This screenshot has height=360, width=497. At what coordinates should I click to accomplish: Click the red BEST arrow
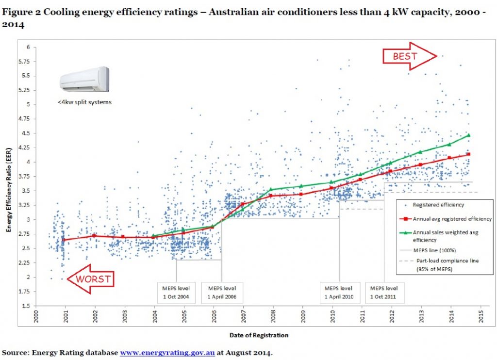[408, 56]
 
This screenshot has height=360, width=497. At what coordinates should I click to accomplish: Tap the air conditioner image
[84, 79]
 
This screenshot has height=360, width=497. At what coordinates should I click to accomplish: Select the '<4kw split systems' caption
[84, 102]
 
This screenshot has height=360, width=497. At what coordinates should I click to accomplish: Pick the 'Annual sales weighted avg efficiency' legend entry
[444, 236]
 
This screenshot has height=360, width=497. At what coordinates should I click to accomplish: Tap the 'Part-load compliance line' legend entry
[444, 264]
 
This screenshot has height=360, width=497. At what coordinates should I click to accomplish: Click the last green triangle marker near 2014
[469, 135]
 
